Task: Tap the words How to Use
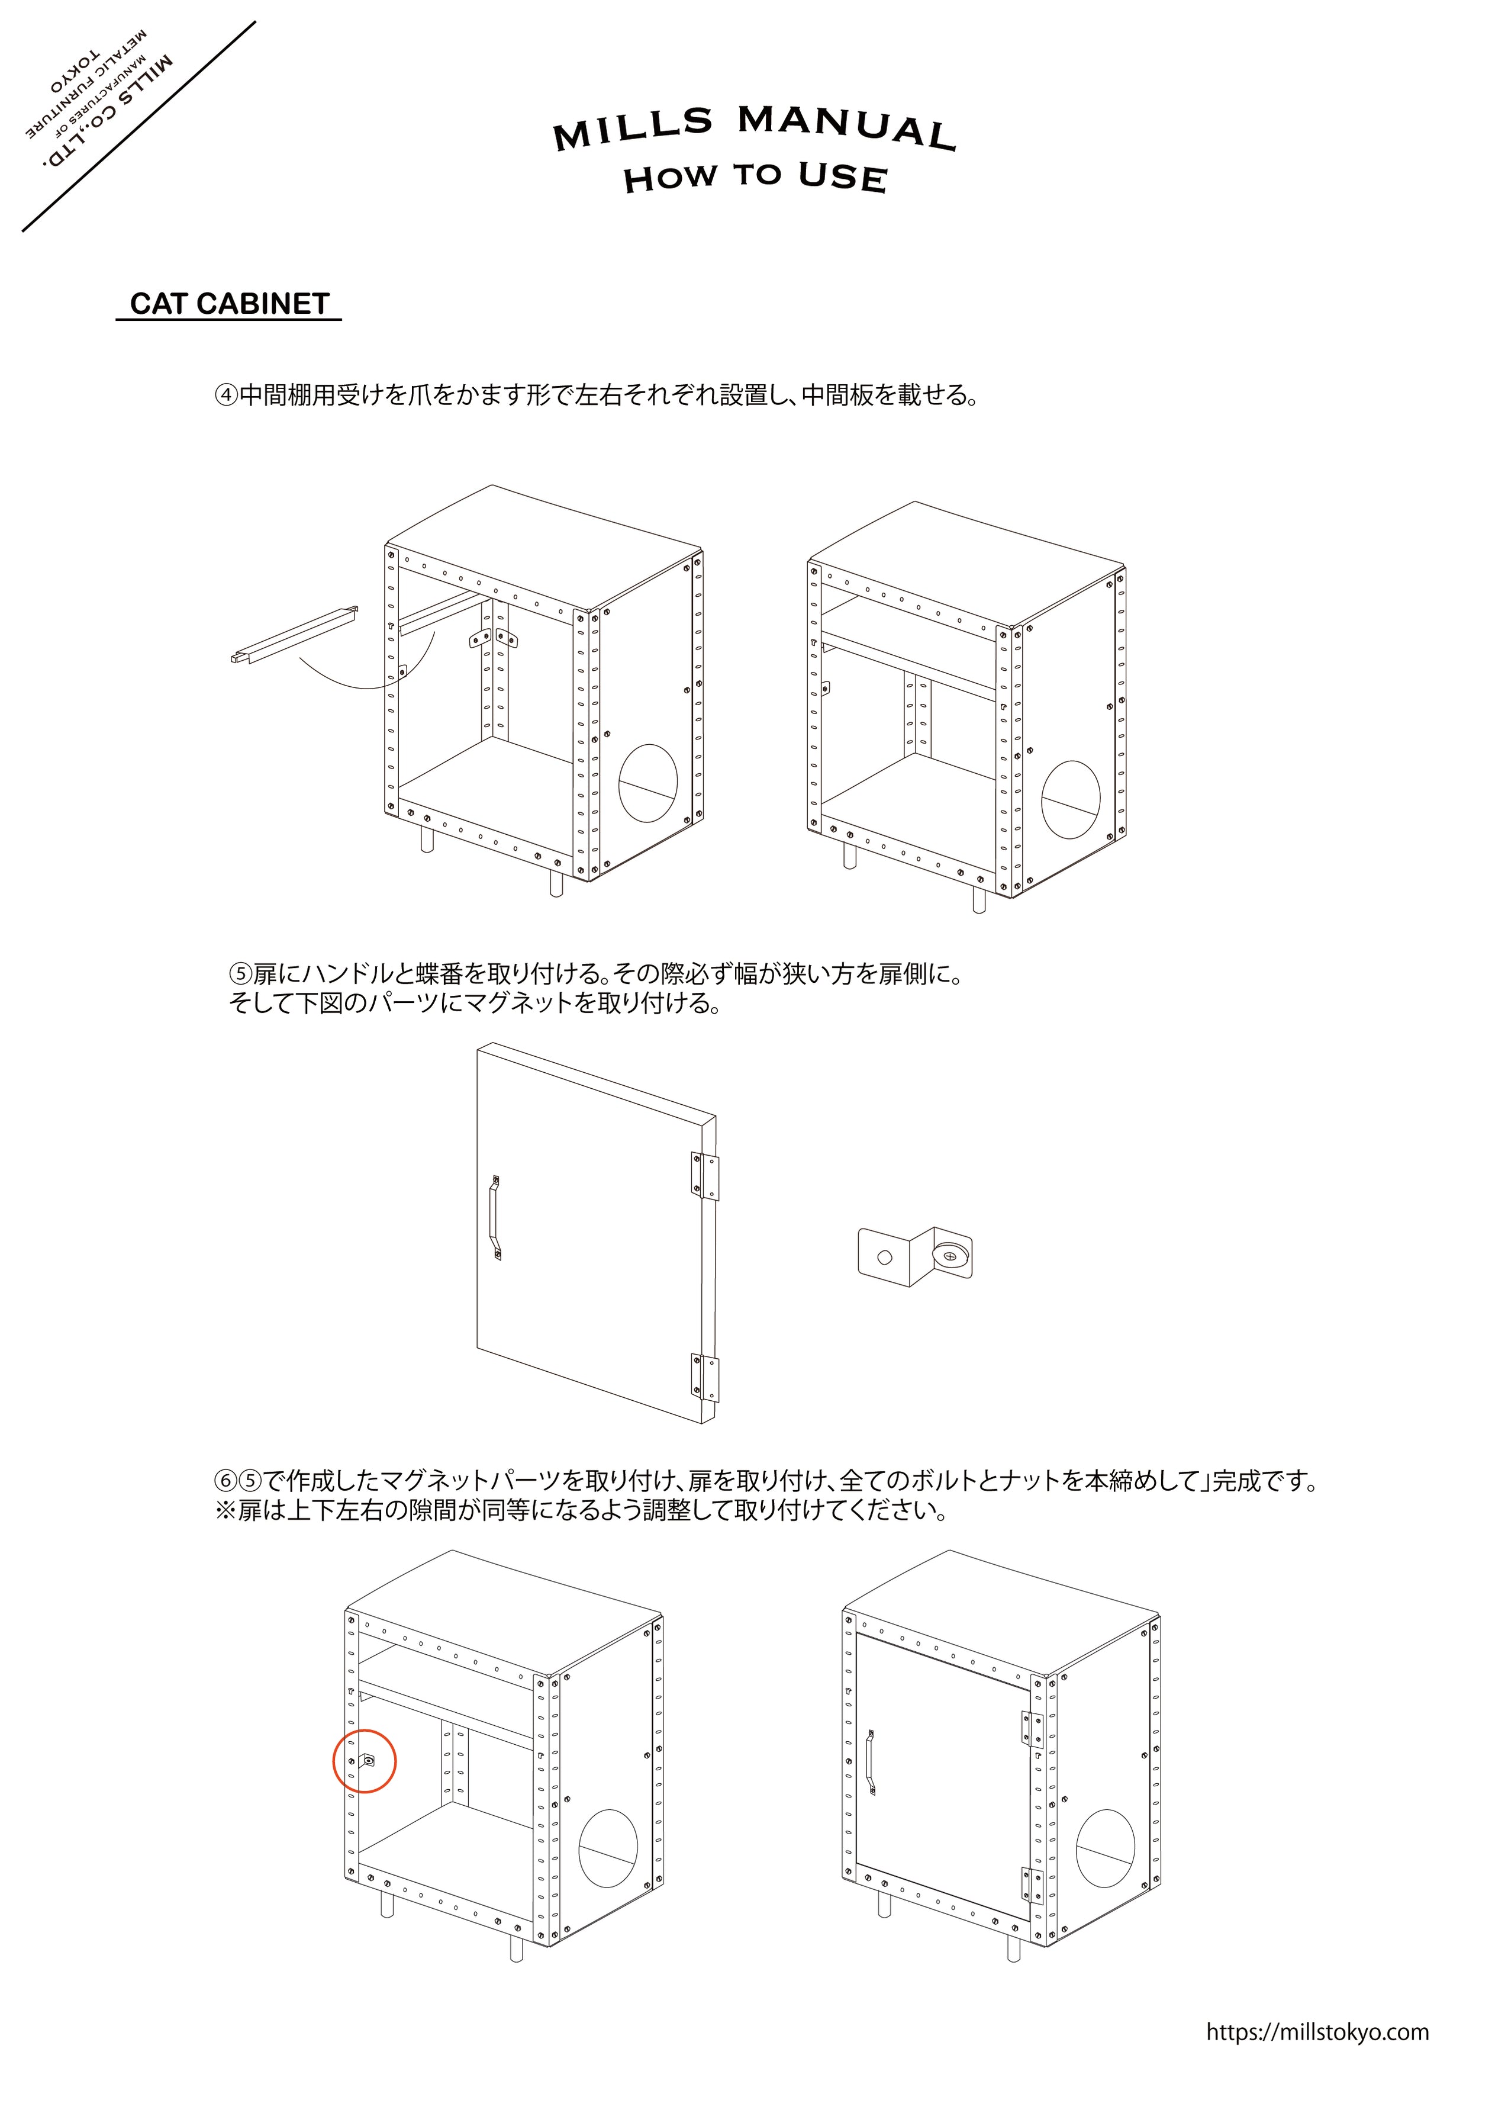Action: [755, 176]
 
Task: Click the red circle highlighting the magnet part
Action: [364, 1761]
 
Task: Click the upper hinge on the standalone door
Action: [705, 1177]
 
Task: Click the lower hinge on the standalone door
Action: [705, 1378]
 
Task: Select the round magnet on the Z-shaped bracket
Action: [948, 1255]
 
